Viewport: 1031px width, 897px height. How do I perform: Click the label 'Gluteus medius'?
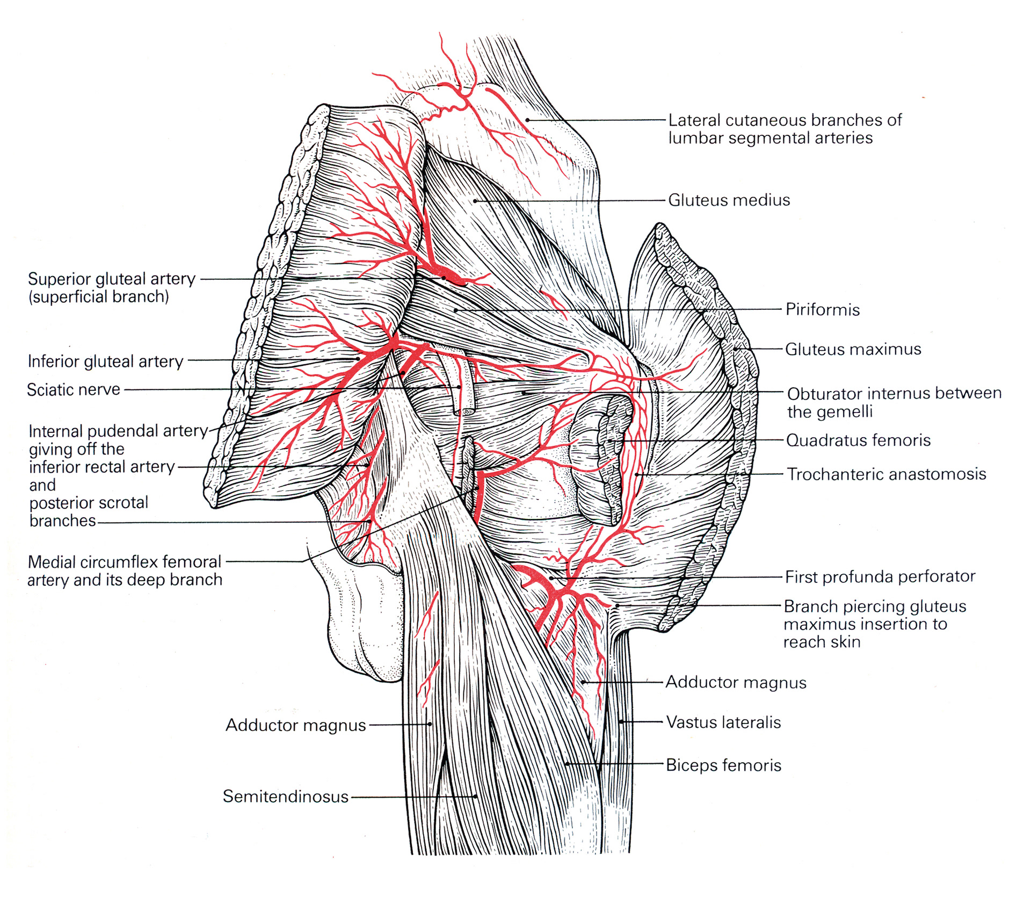(x=729, y=200)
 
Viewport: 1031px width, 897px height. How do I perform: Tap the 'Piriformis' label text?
(x=822, y=310)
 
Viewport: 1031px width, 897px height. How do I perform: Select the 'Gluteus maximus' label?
(x=853, y=350)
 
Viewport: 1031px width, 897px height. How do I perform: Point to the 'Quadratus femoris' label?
(x=858, y=440)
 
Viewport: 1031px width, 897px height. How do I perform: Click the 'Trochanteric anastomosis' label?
(x=886, y=474)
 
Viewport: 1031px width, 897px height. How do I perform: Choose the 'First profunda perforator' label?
(x=880, y=577)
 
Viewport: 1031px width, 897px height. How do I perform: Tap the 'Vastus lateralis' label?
(x=723, y=722)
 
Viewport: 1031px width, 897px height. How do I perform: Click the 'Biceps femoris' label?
(x=723, y=765)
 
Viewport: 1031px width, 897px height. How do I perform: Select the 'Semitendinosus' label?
(x=286, y=797)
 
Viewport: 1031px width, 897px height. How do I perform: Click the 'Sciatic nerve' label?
(x=74, y=389)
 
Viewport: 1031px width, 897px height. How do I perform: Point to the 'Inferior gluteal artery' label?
(x=105, y=361)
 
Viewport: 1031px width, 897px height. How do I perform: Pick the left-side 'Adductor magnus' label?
(x=295, y=725)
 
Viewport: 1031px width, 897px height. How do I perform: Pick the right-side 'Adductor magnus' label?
(x=736, y=683)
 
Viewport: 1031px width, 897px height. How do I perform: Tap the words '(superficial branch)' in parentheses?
(x=99, y=297)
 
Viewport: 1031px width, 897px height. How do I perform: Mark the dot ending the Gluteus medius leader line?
(x=475, y=201)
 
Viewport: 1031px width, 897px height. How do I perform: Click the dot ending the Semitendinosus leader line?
(x=476, y=797)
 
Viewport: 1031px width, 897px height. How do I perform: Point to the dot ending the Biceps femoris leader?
(x=567, y=763)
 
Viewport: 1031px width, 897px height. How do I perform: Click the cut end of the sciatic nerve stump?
(x=463, y=411)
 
